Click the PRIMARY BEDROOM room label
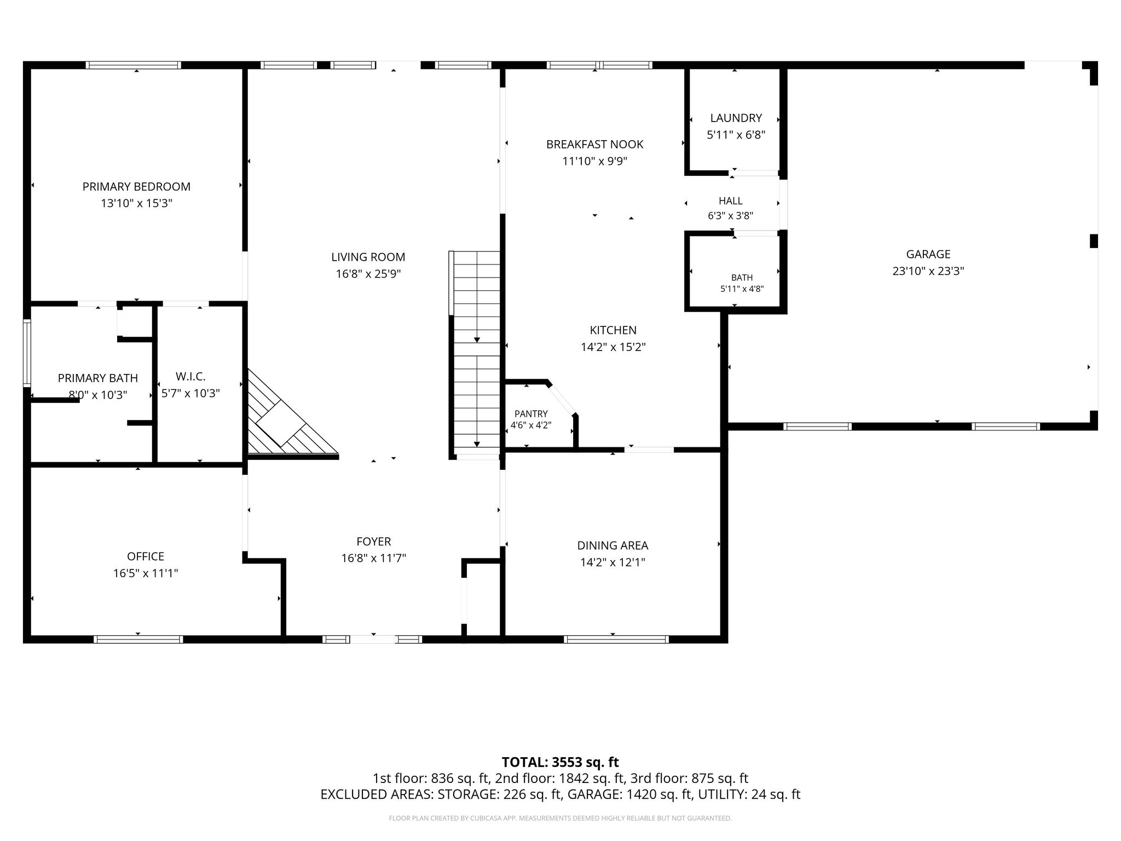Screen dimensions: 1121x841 (136, 187)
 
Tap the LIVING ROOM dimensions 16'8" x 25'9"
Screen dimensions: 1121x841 (368, 274)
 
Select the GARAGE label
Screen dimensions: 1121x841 (928, 254)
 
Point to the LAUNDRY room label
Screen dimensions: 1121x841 (736, 118)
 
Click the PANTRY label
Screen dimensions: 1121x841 (531, 414)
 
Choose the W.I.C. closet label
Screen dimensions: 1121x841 (190, 377)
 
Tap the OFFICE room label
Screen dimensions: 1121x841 (146, 556)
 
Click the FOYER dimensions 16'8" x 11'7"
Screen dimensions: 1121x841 (374, 558)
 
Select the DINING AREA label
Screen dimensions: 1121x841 (612, 545)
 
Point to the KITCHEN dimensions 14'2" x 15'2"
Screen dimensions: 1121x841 (613, 347)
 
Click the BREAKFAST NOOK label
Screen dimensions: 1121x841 (595, 145)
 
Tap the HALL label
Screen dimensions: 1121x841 (731, 201)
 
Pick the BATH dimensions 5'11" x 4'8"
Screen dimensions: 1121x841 (742, 289)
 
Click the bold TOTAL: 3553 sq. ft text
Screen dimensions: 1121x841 (560, 762)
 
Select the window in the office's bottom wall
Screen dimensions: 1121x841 (138, 639)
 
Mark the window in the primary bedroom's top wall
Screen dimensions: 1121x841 (134, 65)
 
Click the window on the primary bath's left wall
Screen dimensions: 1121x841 (27, 353)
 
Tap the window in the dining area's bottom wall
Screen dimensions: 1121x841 (616, 639)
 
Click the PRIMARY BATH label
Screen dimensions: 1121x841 (98, 378)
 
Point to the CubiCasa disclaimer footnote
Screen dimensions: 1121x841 (560, 819)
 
